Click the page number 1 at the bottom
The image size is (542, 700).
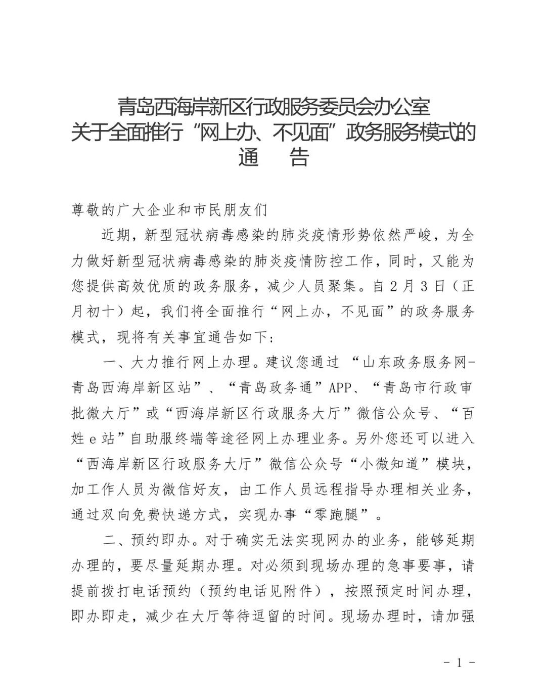click(459, 663)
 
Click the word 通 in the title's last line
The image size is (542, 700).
click(249, 157)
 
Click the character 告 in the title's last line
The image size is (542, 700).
click(298, 157)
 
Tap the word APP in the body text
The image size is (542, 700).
click(342, 388)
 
